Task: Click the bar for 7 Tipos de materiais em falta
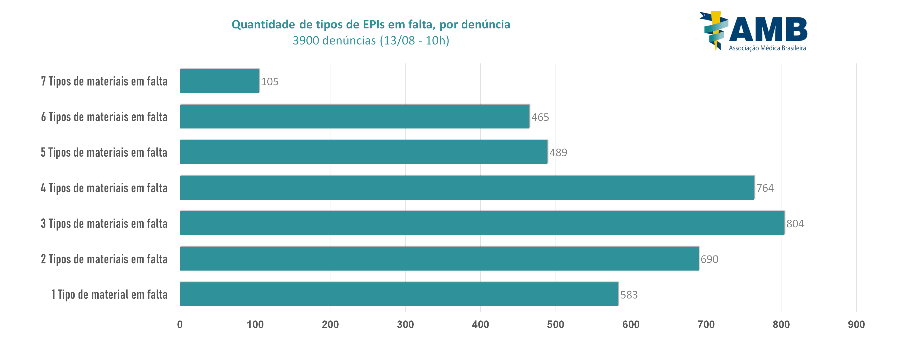coord(219,81)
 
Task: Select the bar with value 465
coord(355,117)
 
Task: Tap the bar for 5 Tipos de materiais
coord(364,152)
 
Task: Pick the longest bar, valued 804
coord(482,223)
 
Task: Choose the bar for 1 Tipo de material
coord(399,294)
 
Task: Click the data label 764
coord(765,188)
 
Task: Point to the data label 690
coord(709,259)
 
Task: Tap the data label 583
coord(629,295)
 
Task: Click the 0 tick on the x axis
coord(180,324)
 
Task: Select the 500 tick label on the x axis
coord(556,324)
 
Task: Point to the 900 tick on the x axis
coord(856,324)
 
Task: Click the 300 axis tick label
coord(406,324)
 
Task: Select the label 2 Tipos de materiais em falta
coord(104,259)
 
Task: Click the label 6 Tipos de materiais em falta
coord(104,117)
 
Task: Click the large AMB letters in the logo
coord(768,29)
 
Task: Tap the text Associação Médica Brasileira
coord(767,48)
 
